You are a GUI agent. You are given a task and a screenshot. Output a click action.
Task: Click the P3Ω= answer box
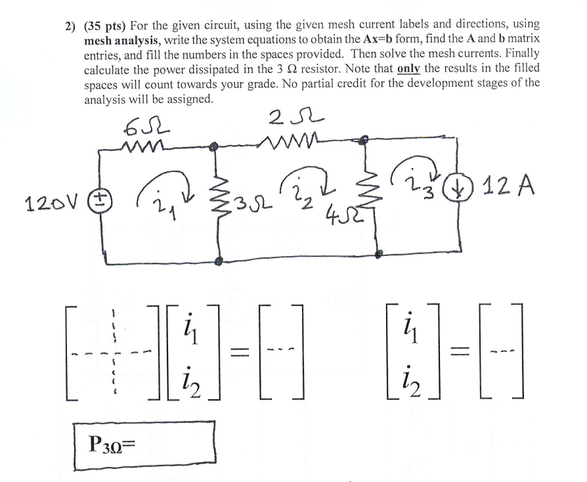click(x=144, y=446)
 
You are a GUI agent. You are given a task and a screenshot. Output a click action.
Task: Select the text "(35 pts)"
click(x=104, y=25)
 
